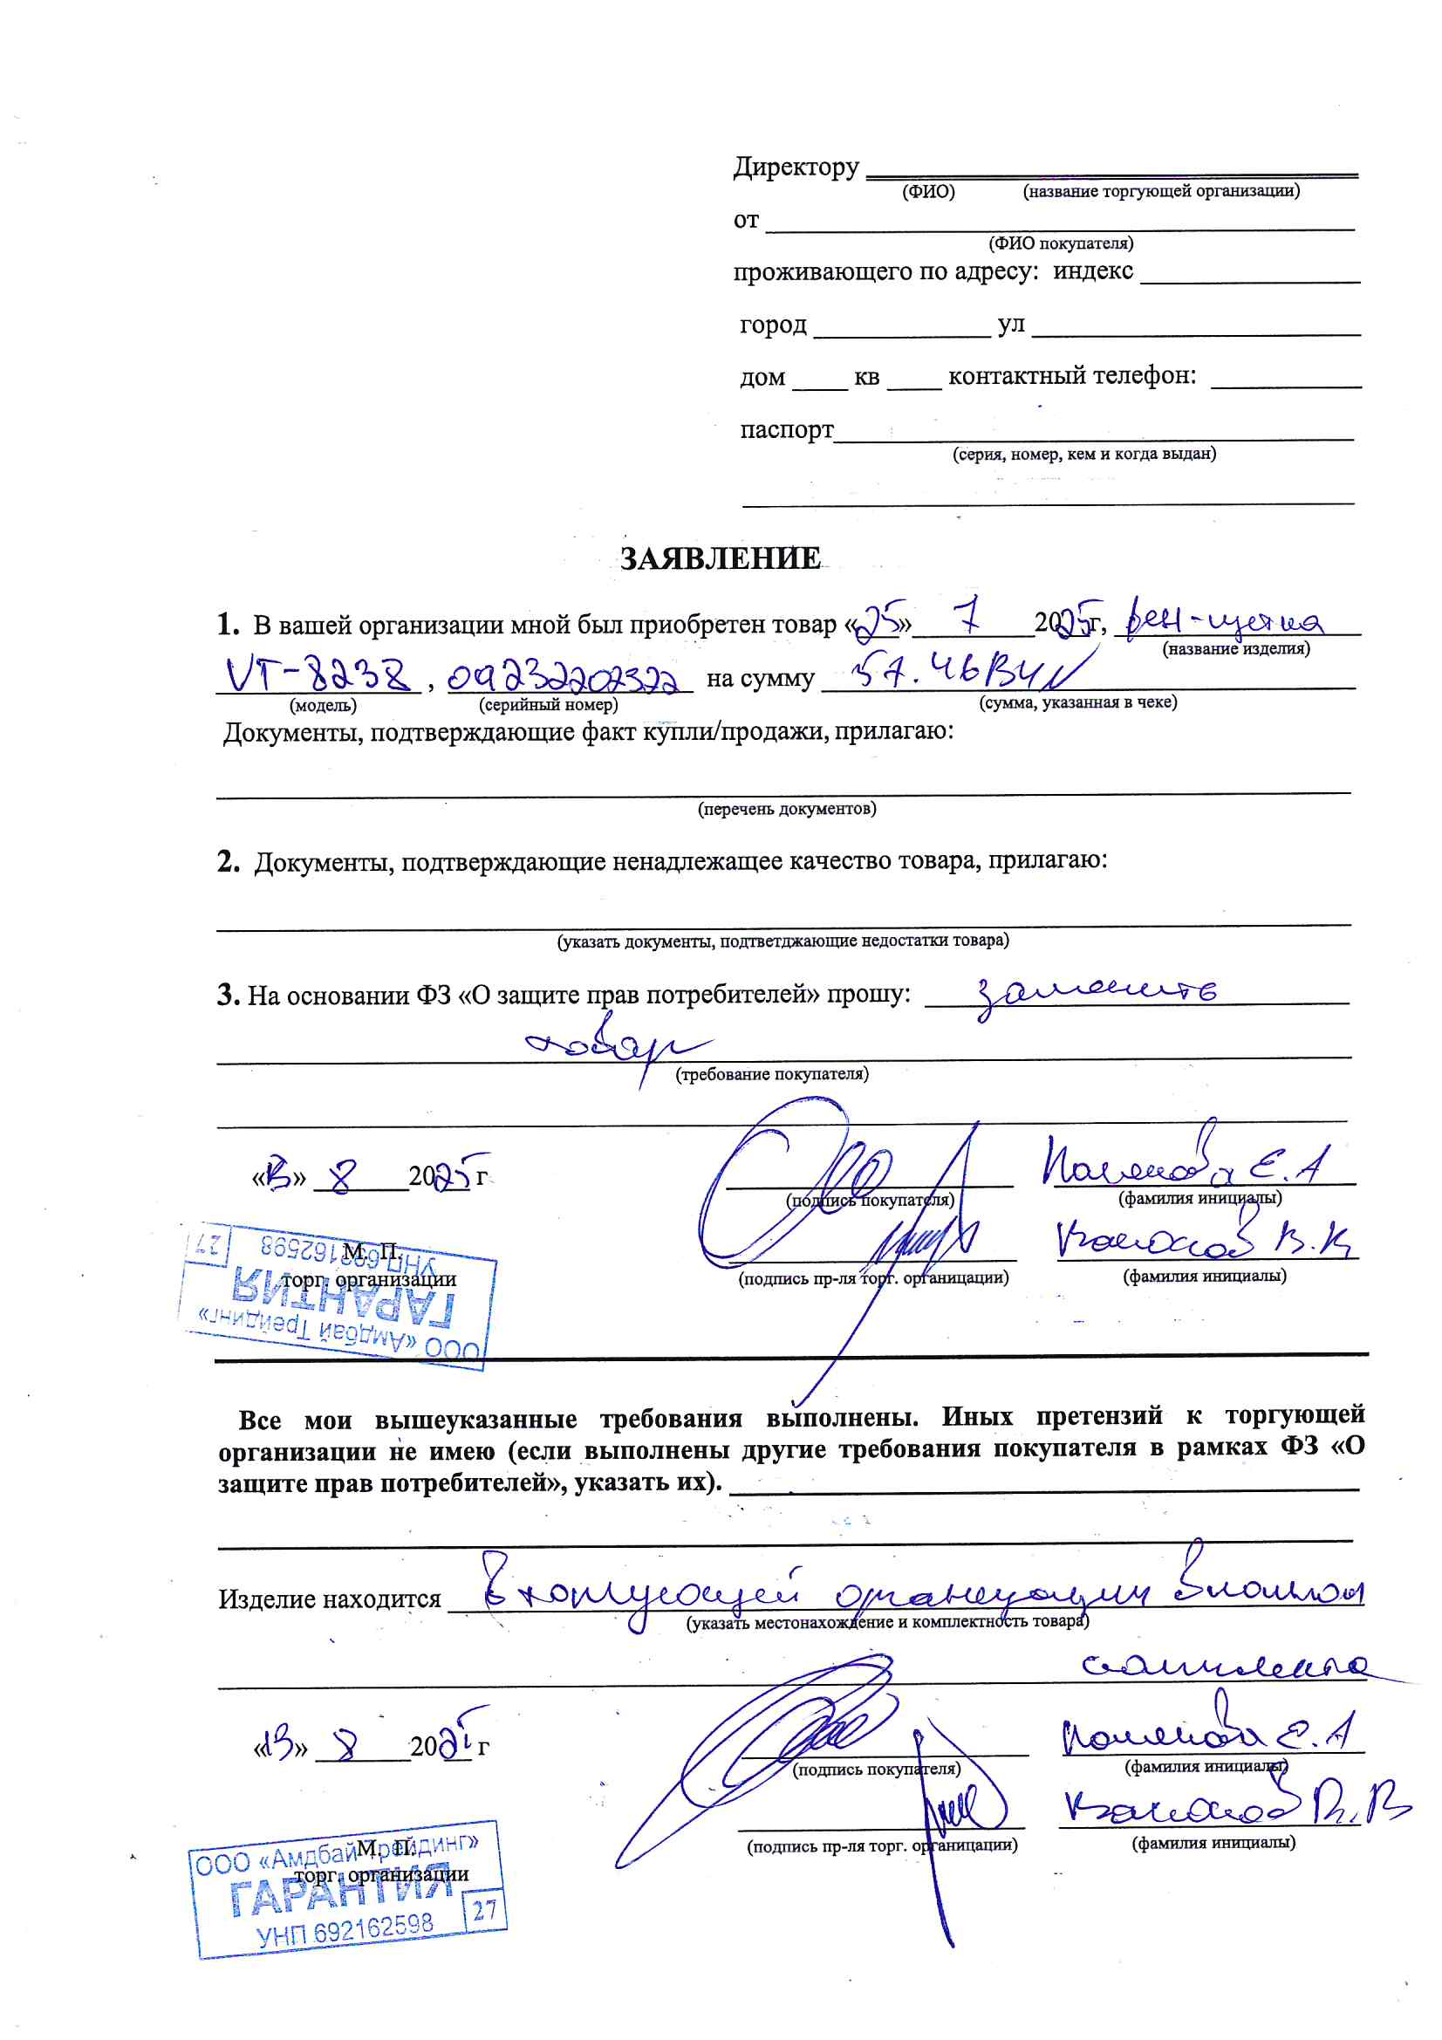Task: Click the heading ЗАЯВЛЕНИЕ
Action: click(x=720, y=558)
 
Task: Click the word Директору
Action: click(x=796, y=167)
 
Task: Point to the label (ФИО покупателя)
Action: click(x=1060, y=243)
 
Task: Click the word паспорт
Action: click(x=786, y=430)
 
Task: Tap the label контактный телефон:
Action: click(x=1071, y=377)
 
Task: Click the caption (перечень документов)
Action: click(x=786, y=809)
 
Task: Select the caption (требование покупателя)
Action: click(x=772, y=1074)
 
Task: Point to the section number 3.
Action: click(x=228, y=995)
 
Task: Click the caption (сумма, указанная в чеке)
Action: click(x=1077, y=702)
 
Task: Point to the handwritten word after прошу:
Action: click(x=1097, y=994)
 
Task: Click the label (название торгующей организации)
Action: click(x=1160, y=191)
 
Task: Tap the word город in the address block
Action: click(x=773, y=325)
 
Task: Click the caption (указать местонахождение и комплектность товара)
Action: click(x=886, y=1621)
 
